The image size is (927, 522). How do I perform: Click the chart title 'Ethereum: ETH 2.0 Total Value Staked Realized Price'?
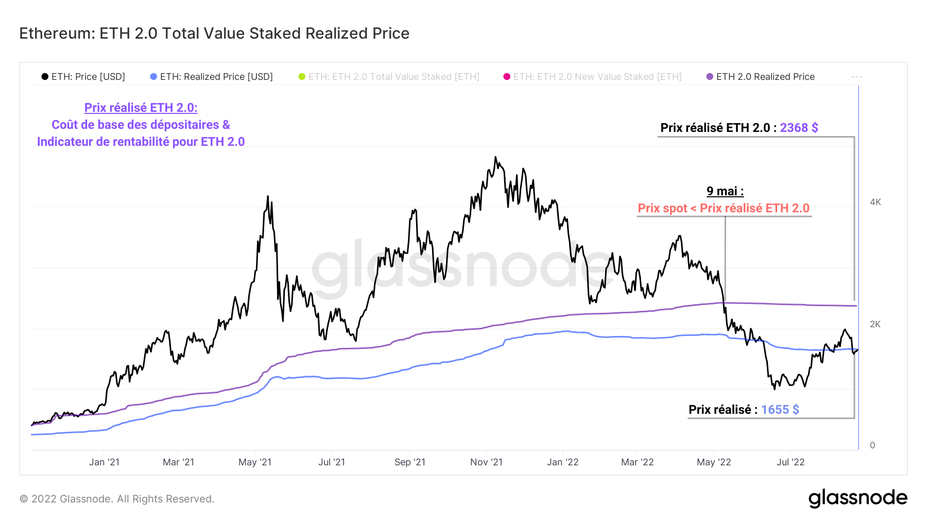214,33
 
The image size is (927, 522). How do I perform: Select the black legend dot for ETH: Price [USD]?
45,77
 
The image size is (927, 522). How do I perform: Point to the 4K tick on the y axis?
875,202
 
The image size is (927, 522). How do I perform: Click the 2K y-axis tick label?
875,324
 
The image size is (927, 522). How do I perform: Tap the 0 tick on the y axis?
872,445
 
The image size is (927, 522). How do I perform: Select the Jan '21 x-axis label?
104,462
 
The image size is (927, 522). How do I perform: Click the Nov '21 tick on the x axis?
486,462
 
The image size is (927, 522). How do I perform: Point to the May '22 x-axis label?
714,462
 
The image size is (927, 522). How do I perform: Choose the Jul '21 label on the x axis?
332,462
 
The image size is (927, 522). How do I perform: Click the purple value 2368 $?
799,128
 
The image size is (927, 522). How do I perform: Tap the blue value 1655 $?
780,410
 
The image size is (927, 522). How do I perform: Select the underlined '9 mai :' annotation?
725,191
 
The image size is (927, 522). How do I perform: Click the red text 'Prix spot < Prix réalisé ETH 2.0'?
724,208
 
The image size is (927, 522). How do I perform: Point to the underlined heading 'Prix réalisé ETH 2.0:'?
141,108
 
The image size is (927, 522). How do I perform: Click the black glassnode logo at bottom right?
857,498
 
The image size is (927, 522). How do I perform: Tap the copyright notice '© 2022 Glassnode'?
117,499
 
